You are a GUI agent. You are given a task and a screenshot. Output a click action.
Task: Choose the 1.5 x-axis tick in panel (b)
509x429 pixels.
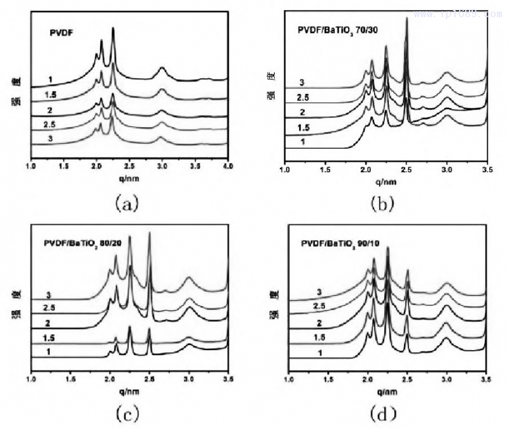pyautogui.click(x=325, y=170)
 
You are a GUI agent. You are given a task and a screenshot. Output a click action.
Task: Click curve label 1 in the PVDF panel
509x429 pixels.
pyautogui.click(x=48, y=79)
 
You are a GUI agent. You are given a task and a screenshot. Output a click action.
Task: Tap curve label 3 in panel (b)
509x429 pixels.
pyautogui.click(x=303, y=83)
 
